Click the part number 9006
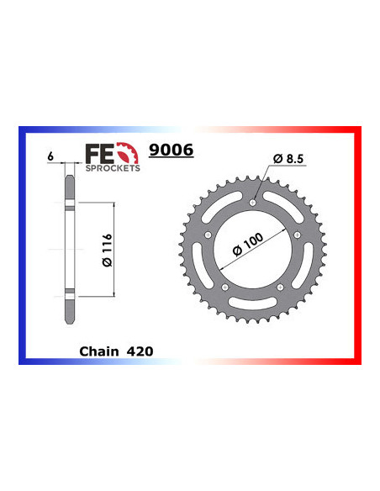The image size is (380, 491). click(171, 151)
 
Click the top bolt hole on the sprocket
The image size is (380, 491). click(254, 202)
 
